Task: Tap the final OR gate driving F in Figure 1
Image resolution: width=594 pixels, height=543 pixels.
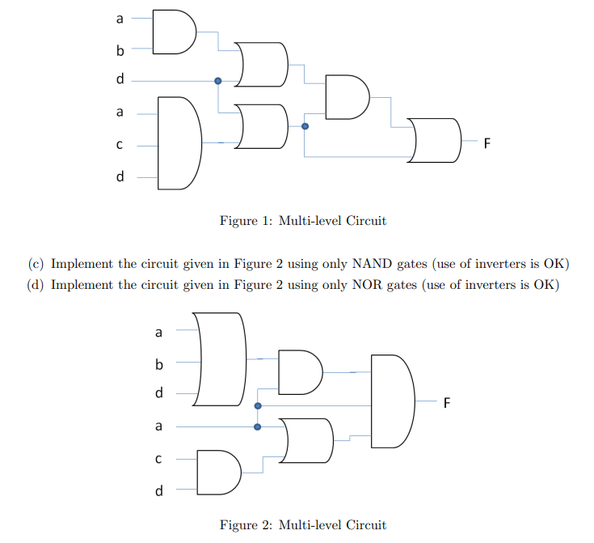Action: (x=434, y=139)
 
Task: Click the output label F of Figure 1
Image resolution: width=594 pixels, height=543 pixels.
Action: (x=487, y=144)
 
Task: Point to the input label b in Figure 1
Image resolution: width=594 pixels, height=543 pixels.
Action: (x=120, y=51)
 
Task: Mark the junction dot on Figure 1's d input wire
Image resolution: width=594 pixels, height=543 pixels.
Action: (x=217, y=81)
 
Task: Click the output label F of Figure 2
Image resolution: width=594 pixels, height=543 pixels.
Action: (x=445, y=403)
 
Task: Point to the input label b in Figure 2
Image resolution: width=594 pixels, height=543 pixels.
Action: (x=158, y=363)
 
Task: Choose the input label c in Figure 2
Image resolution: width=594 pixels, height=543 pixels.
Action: (x=158, y=459)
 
